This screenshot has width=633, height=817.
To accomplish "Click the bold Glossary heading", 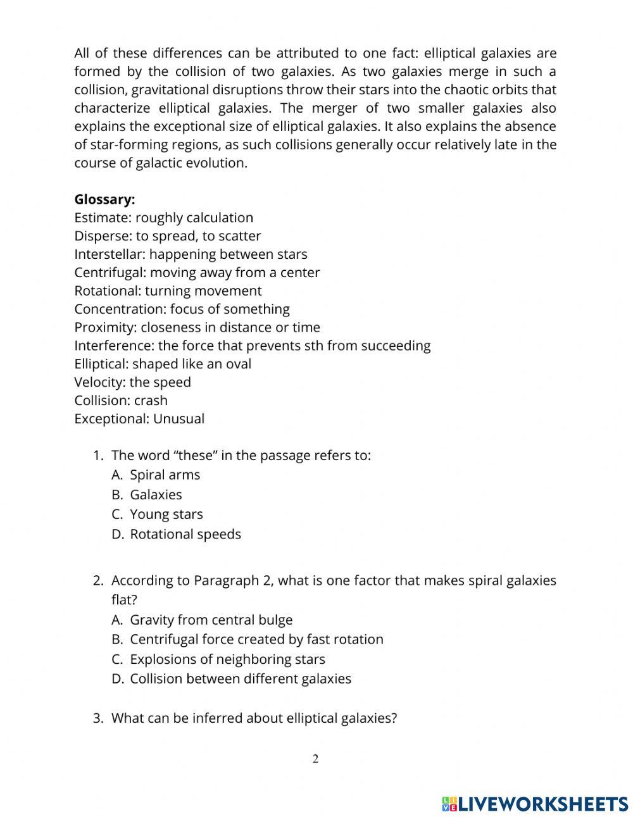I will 104,199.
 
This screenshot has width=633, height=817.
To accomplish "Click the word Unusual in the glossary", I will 179,419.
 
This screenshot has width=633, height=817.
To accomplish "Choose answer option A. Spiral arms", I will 165,475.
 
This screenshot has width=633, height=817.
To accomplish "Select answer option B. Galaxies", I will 156,495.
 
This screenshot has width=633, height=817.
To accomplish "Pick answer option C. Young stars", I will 166,515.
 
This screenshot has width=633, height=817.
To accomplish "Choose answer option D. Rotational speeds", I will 185,534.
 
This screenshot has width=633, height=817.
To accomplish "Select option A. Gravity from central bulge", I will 211,620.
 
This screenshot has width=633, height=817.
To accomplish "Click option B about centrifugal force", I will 256,639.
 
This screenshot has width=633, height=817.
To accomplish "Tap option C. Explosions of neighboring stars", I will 227,659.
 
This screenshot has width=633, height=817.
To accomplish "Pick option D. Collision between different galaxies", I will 240,679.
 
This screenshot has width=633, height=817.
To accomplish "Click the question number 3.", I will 97,718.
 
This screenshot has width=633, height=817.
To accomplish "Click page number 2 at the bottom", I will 315,759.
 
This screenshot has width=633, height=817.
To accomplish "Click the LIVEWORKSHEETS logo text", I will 542,804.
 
